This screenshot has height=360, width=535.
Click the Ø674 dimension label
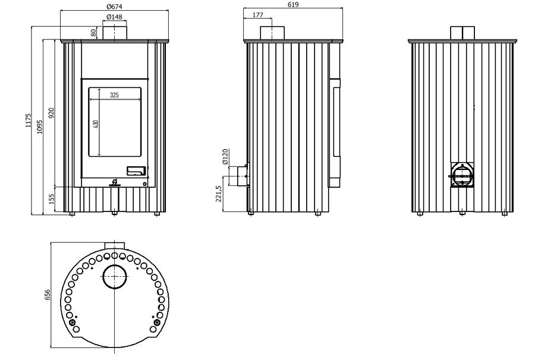coord(114,6)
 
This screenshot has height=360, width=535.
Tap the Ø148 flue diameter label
coord(114,17)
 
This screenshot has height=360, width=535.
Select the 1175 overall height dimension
coord(29,121)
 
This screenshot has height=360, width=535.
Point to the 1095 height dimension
coord(40,127)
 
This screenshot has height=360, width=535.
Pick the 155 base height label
coord(52,199)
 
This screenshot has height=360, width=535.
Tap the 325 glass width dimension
coord(114,95)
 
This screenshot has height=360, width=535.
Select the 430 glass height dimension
coord(96,124)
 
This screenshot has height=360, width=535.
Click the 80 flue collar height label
coord(93,33)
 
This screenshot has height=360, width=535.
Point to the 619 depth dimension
coord(292,4)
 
